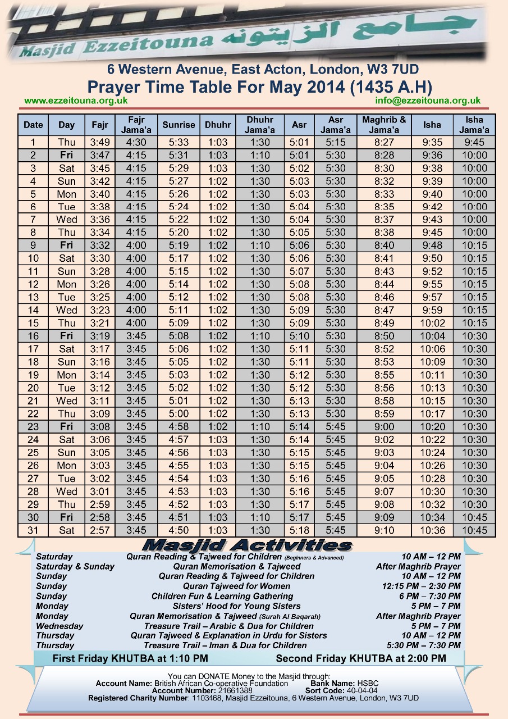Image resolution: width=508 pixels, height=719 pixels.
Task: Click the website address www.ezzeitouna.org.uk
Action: pos(76,101)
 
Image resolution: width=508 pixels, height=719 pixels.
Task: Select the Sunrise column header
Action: pos(179,125)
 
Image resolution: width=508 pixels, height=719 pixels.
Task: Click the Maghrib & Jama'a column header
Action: pos(385,125)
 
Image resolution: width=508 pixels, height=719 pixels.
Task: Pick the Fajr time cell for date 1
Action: pos(101,143)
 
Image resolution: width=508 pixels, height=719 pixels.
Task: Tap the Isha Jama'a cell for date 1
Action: pos(474,143)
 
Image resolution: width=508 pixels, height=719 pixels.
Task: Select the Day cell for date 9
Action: pos(66,246)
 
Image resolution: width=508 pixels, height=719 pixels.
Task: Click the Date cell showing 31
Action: pos(33,531)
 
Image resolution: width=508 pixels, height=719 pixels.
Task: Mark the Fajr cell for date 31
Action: pos(101,531)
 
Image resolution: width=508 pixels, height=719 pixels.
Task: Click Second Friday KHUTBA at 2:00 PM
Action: pos(361,658)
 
